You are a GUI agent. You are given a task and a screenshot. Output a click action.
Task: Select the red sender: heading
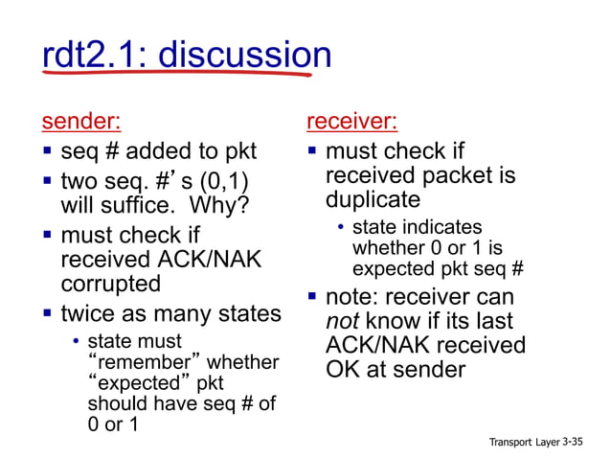pyautogui.click(x=80, y=122)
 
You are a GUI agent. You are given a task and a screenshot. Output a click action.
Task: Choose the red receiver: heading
pyautogui.click(x=351, y=122)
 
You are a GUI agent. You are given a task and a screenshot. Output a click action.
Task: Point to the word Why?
pyautogui.click(x=217, y=205)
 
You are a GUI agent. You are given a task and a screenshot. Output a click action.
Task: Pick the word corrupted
pyautogui.click(x=110, y=285)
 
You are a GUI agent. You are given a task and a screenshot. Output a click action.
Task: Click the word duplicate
pyautogui.click(x=373, y=200)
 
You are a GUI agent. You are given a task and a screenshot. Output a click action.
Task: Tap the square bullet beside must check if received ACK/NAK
pyautogui.click(x=47, y=234)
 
